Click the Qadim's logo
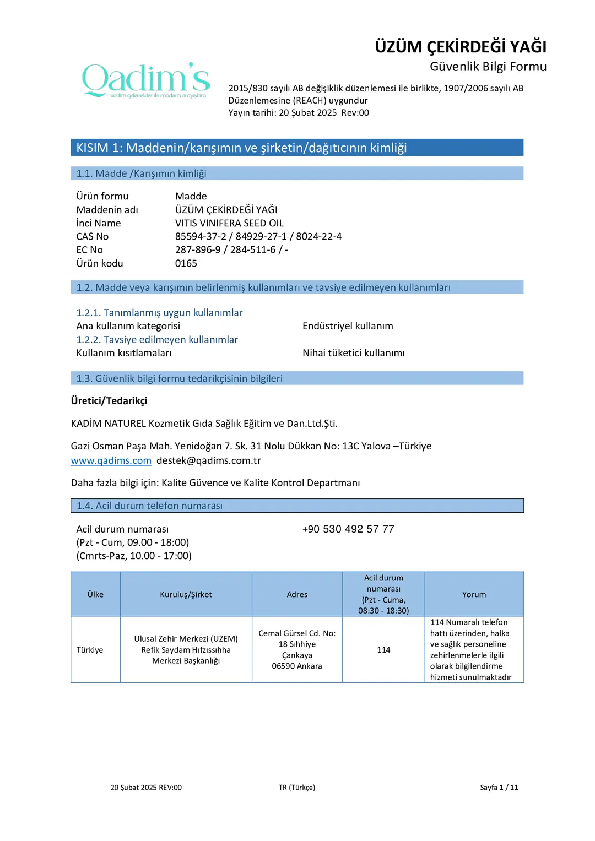coord(146,80)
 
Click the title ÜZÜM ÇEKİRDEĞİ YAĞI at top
coord(461,47)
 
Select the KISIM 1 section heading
coord(241,148)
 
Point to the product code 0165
coord(186,263)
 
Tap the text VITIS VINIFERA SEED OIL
coord(229,223)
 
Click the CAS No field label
coord(93,236)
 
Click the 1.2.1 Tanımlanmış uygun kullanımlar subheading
coord(159,313)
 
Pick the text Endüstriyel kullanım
coord(348,326)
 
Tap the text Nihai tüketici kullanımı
coord(353,353)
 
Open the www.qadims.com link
coord(111,460)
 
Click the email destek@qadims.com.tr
coord(208,460)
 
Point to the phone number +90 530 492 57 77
coord(348,529)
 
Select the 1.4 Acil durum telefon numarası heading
coord(149,506)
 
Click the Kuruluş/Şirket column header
coord(186,595)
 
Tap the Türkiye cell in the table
coord(90,650)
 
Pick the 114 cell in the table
coord(383,650)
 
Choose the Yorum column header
coord(474,595)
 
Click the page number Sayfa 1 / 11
coord(499,788)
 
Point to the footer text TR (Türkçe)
coord(297,788)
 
